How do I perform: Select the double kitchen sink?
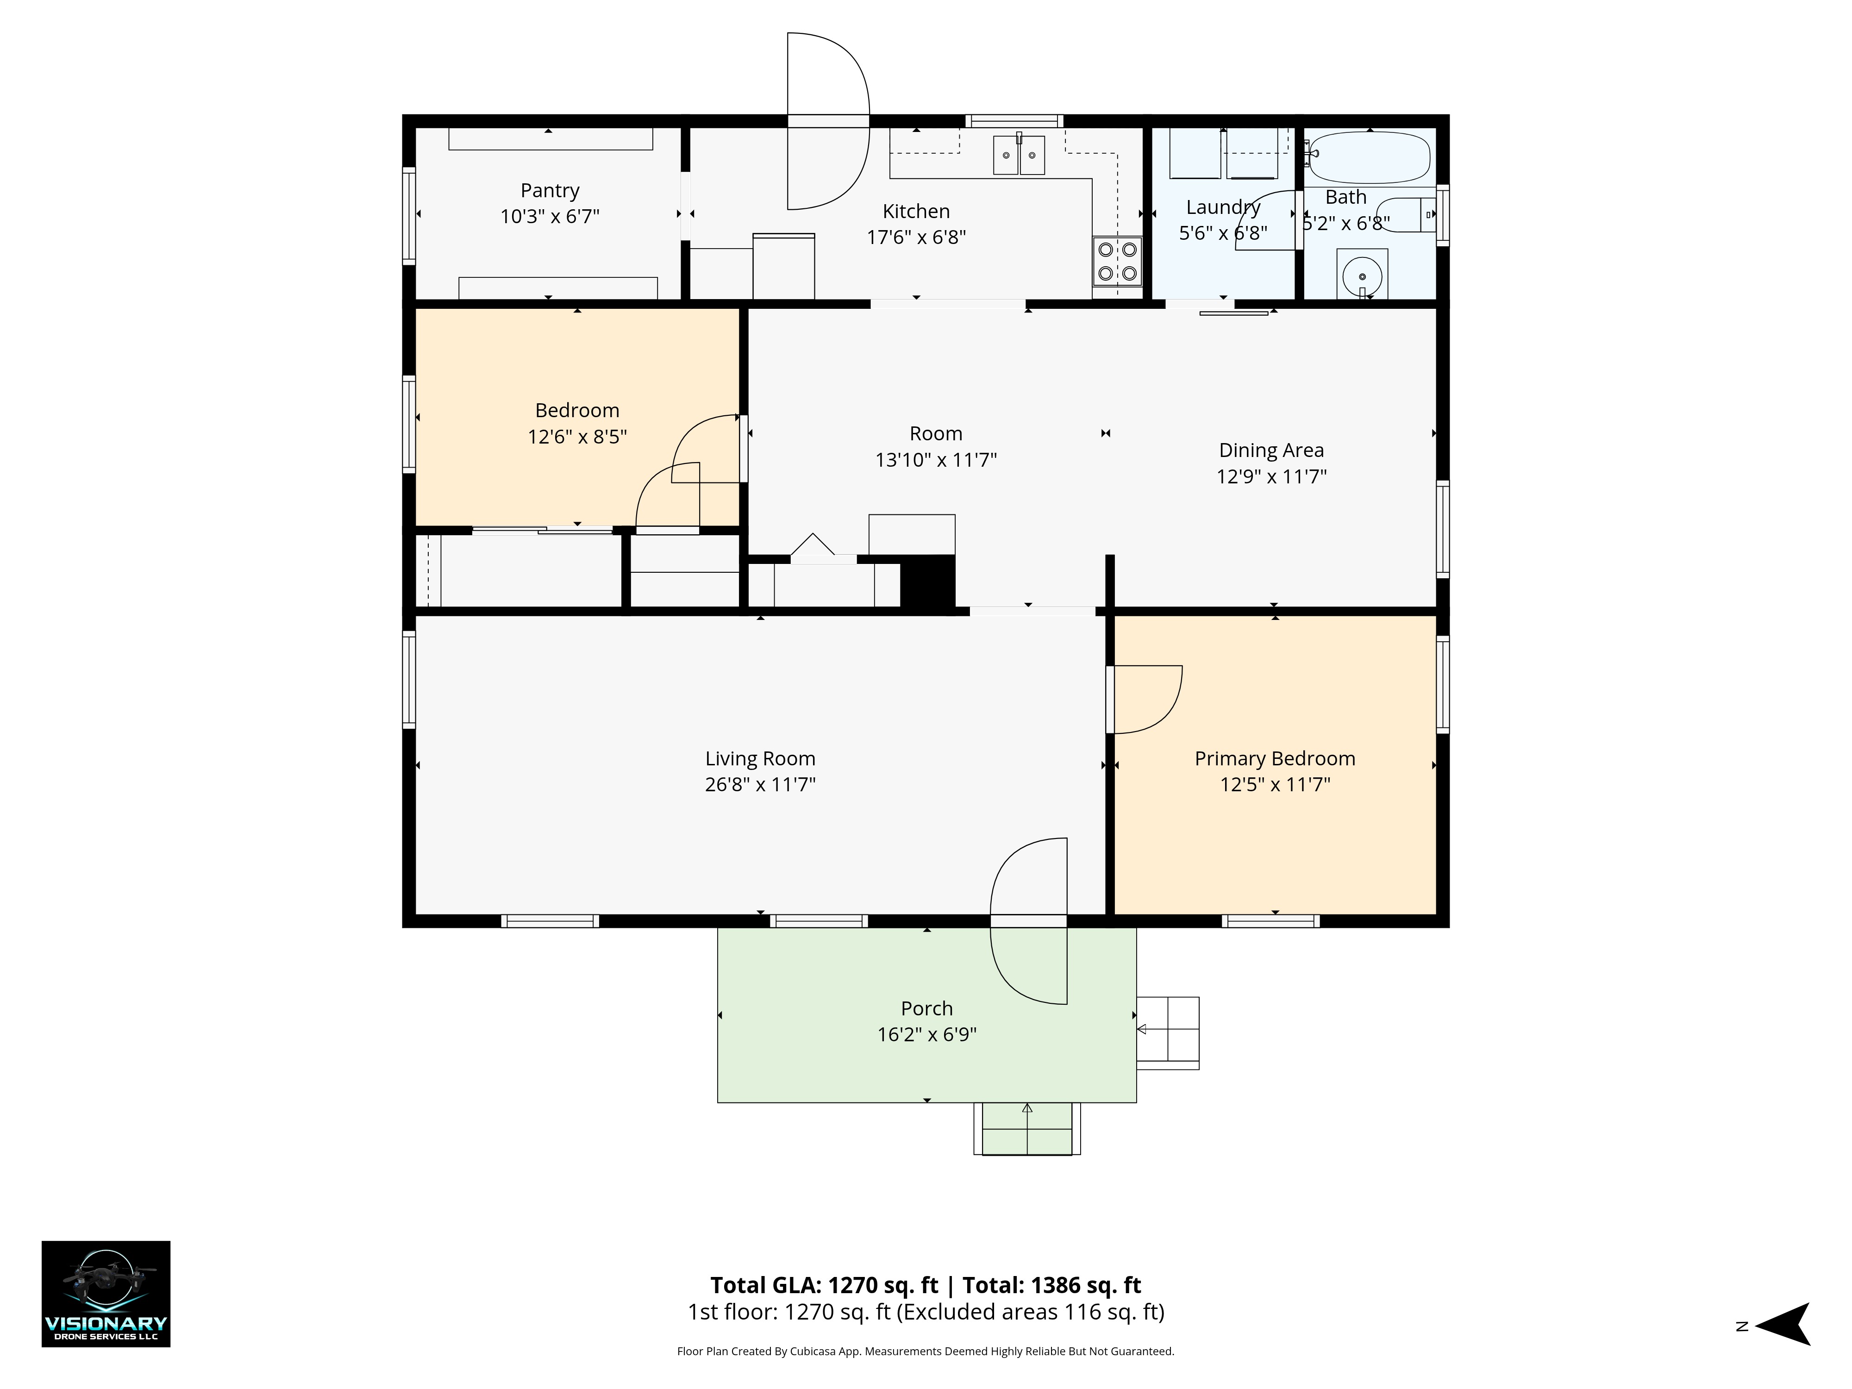pos(1019,155)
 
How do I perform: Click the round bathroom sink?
pos(1362,275)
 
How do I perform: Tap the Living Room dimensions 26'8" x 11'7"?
pos(760,784)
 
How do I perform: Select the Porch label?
pos(927,1009)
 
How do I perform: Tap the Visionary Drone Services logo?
pos(106,1294)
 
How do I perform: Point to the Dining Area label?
pos(1271,450)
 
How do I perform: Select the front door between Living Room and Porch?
pos(1028,921)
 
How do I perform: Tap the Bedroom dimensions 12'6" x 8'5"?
pos(577,437)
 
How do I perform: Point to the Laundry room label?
pos(1223,207)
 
